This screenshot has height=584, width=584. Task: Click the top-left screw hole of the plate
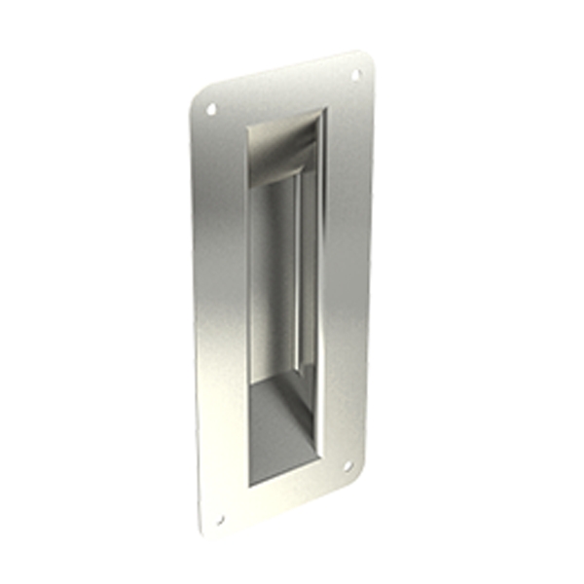(211, 109)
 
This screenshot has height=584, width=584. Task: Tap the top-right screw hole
(355, 74)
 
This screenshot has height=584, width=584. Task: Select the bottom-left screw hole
(219, 520)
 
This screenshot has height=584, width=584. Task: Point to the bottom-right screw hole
(347, 466)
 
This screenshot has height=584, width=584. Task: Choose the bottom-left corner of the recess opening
(250, 485)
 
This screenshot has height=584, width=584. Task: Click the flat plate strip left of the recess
(221, 311)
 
